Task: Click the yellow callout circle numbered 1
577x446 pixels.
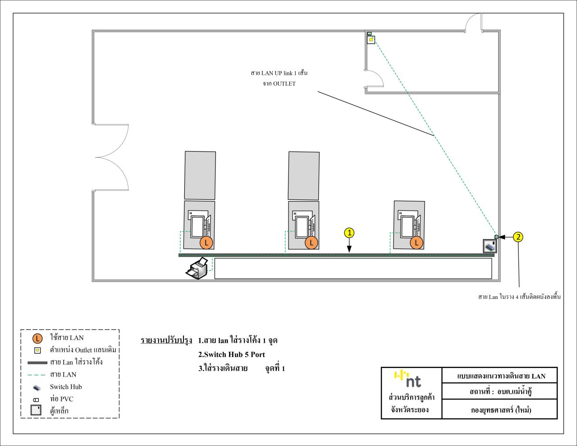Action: (x=349, y=233)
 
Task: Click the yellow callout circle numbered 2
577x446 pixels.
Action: (x=518, y=237)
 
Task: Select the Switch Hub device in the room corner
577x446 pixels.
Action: (x=490, y=246)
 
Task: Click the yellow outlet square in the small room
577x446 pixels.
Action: (x=371, y=40)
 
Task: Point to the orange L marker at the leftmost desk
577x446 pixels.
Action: (x=206, y=243)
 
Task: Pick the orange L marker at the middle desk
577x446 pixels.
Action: (x=311, y=243)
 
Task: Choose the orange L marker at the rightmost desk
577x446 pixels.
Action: (x=416, y=243)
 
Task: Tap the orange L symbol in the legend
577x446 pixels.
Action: (x=38, y=338)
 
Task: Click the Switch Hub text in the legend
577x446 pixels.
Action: (x=66, y=387)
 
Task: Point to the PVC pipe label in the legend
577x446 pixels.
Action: (x=62, y=399)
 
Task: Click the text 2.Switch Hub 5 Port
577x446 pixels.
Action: (x=231, y=354)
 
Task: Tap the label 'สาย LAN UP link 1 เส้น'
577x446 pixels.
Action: (x=279, y=73)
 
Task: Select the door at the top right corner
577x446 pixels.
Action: (x=473, y=23)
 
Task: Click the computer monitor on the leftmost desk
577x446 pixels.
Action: (x=197, y=226)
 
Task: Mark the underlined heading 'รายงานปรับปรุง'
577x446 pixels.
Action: (x=166, y=340)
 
